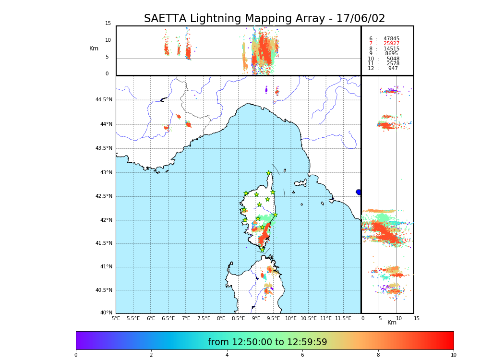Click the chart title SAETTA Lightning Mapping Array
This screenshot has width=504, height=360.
tap(264, 19)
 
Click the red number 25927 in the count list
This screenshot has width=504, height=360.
tap(391, 44)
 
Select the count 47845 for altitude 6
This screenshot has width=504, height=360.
tap(391, 38)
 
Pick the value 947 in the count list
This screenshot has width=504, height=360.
tap(393, 69)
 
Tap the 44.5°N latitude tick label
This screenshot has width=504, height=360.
tap(104, 100)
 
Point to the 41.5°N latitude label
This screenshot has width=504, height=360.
tap(104, 243)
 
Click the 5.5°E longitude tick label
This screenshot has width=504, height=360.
tap(133, 318)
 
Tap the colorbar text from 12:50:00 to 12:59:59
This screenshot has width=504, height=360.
tap(267, 342)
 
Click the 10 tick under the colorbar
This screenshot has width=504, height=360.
tap(453, 355)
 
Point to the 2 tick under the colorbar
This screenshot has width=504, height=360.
tap(151, 355)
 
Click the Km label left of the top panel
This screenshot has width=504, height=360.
tap(94, 48)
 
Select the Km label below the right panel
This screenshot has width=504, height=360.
tap(392, 323)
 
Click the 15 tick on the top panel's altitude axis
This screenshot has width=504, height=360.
tap(108, 24)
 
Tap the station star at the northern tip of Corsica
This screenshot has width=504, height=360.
tap(269, 173)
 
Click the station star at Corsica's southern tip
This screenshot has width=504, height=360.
tap(263, 249)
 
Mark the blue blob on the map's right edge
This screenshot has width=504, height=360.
tap(359, 192)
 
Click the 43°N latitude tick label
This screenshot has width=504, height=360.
tap(106, 173)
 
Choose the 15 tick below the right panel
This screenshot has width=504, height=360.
tap(417, 318)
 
